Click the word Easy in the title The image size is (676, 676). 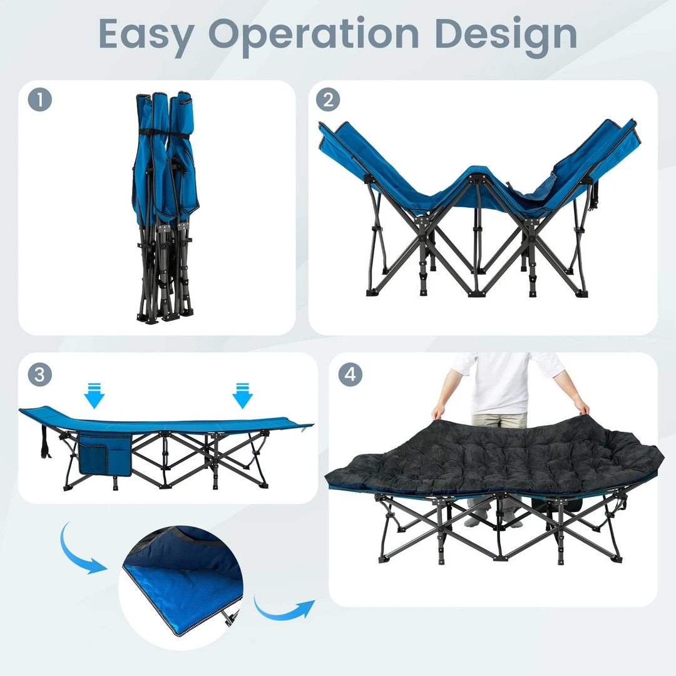(x=146, y=34)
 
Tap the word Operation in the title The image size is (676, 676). (x=314, y=34)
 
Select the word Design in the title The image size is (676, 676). (x=506, y=34)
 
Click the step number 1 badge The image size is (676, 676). (x=39, y=100)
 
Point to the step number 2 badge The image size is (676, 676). (x=327, y=100)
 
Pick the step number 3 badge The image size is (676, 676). (x=39, y=374)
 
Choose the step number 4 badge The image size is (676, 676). (x=350, y=374)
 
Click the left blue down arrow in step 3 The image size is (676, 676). (x=94, y=396)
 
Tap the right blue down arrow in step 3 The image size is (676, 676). (x=242, y=396)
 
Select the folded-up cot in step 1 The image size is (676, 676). (x=165, y=207)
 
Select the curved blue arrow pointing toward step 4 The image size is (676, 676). (x=282, y=608)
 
